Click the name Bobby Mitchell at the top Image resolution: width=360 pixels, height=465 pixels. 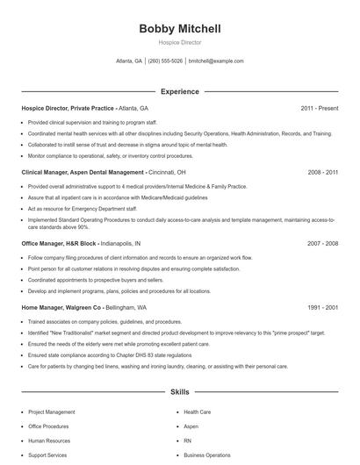(180, 29)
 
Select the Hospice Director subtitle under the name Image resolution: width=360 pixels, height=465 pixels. (180, 42)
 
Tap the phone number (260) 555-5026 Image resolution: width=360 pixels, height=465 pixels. (165, 61)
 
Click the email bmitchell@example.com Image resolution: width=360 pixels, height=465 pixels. (216, 61)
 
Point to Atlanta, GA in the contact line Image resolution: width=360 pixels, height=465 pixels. (129, 61)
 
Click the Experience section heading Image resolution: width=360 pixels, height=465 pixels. (180, 91)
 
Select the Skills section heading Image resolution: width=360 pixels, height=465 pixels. (180, 393)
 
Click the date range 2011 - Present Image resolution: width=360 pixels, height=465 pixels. (319, 108)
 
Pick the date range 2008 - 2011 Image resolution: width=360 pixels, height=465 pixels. (322, 173)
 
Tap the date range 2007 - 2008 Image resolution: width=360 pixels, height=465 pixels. (322, 242)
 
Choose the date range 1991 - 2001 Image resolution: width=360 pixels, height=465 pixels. (322, 308)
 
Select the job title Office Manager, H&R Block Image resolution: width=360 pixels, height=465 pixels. (59, 242)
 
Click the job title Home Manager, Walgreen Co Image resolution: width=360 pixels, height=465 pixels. (61, 308)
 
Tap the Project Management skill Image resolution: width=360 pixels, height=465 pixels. (52, 411)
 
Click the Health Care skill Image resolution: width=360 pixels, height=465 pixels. (198, 411)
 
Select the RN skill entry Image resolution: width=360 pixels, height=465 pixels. (188, 440)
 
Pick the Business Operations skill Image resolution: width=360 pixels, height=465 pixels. (207, 455)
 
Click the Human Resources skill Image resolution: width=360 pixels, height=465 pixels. (49, 440)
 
